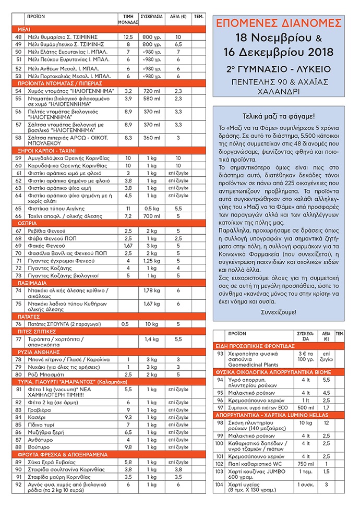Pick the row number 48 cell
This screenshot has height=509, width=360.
19,38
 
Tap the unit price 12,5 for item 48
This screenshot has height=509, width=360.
128,38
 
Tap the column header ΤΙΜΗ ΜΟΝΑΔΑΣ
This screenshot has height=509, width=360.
128,19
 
